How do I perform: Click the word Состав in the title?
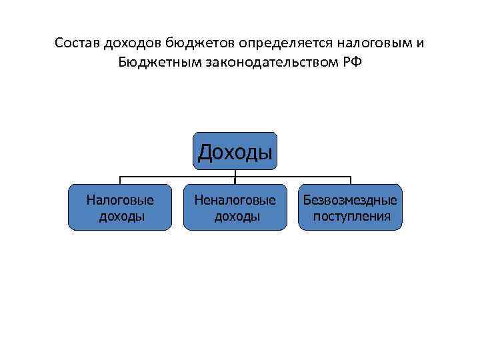[x=75, y=43]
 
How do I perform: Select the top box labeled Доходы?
[x=235, y=151]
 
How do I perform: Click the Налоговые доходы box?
[x=120, y=207]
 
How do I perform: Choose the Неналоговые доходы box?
[x=235, y=207]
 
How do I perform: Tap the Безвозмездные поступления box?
[x=351, y=207]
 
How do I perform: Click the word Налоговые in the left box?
[x=120, y=199]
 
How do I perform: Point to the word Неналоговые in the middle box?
[x=235, y=199]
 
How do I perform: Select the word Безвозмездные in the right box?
[x=351, y=199]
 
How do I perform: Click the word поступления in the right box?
[x=351, y=216]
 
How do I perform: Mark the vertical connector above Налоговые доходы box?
[x=120, y=180]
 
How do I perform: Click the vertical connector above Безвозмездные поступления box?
[x=351, y=180]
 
